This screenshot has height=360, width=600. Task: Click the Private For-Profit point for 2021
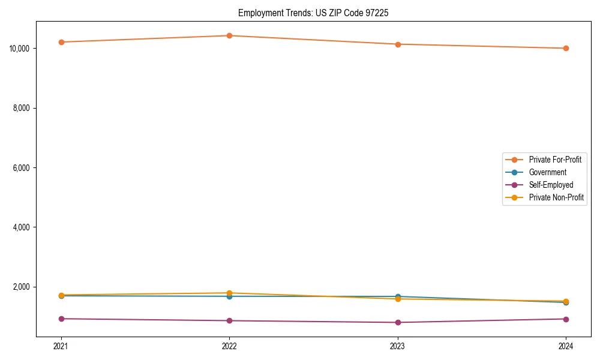[61, 42]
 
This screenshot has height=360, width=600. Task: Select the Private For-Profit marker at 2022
[229, 35]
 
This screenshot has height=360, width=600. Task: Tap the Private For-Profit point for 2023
[398, 44]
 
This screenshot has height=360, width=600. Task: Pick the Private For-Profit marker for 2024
[566, 48]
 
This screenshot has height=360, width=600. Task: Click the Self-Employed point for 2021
[61, 319]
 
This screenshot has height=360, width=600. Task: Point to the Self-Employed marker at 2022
[229, 320]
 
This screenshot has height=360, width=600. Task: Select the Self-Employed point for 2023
[398, 322]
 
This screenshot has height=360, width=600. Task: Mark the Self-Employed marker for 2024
[566, 319]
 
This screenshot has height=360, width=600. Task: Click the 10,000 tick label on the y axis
[20, 48]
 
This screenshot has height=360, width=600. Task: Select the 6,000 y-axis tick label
[22, 167]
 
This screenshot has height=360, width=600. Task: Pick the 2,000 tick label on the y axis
[22, 287]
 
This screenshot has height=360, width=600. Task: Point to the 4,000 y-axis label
[22, 227]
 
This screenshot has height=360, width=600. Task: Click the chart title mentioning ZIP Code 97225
[313, 13]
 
